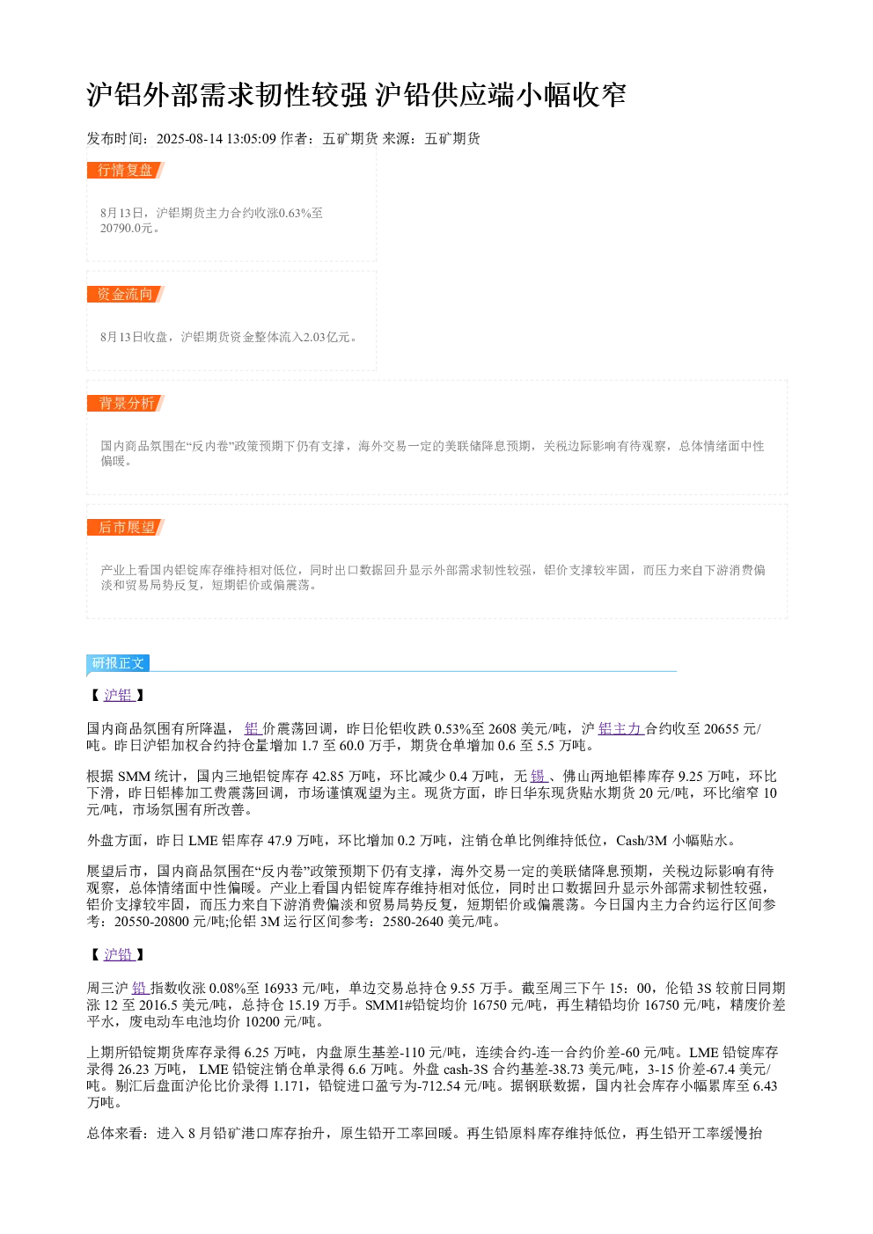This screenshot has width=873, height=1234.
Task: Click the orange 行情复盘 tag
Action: click(x=125, y=171)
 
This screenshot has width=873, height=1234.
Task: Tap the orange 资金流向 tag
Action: click(x=125, y=294)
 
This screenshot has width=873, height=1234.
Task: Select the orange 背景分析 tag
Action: click(x=125, y=403)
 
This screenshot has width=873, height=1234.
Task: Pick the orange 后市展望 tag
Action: click(x=125, y=527)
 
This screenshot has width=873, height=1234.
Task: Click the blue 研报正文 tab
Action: click(x=118, y=662)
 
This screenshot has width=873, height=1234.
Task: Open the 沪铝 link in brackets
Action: click(x=119, y=695)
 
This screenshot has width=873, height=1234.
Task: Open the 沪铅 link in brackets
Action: click(x=119, y=954)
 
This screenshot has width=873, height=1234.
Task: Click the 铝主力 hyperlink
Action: click(x=620, y=729)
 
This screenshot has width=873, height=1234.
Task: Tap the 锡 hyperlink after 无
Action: click(x=539, y=777)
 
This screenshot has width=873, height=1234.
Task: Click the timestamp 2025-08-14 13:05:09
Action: click(x=216, y=138)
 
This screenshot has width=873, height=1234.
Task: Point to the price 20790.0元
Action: click(x=126, y=228)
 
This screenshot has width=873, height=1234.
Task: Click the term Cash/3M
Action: click(x=642, y=841)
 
